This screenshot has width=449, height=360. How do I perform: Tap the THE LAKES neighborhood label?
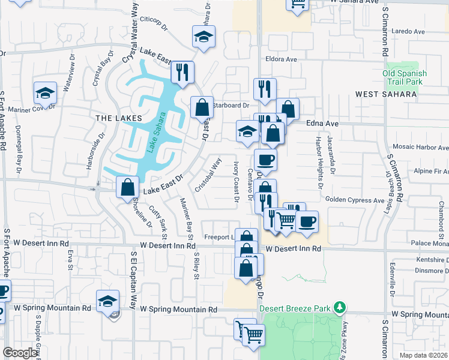[x=119, y=118]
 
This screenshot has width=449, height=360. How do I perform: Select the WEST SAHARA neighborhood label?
[x=385, y=94]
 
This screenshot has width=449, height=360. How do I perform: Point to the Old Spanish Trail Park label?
[x=405, y=77]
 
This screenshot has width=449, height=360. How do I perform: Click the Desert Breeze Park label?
[x=295, y=308]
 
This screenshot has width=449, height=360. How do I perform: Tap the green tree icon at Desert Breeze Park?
[x=340, y=308]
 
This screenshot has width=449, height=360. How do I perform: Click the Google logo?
[x=20, y=353]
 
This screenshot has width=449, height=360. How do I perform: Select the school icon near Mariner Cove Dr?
[x=45, y=94]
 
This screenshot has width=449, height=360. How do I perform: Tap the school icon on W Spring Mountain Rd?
[x=107, y=301]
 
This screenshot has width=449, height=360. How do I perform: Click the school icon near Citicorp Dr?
[x=204, y=37]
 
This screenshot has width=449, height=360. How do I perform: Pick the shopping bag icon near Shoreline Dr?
[x=128, y=187]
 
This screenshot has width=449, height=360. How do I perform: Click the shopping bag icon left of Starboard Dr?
[x=202, y=108]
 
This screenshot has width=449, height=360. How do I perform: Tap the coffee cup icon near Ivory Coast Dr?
[x=265, y=160]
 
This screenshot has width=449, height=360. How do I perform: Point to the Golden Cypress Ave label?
[x=354, y=200]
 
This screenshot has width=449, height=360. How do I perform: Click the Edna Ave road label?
[x=323, y=122]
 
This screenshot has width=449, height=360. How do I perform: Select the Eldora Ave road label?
[x=282, y=59]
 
